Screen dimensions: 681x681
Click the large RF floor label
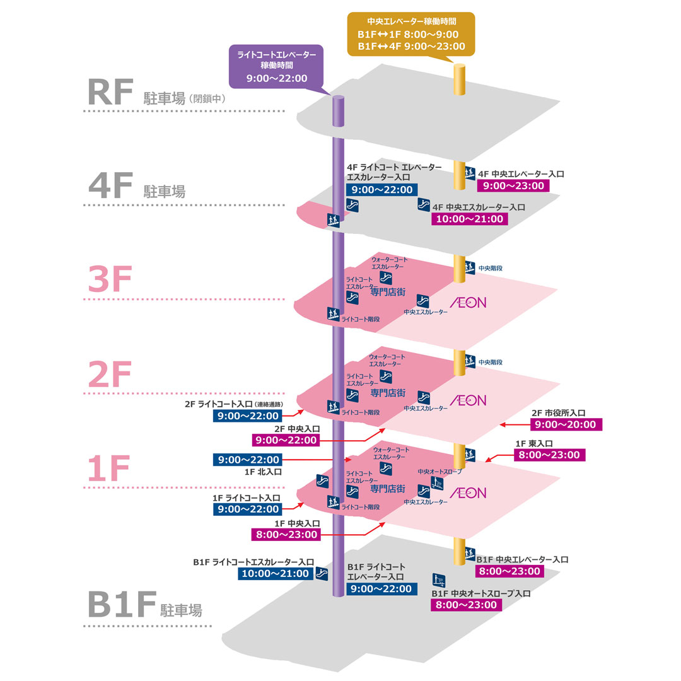(x=108, y=92)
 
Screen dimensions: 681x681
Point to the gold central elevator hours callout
(x=411, y=33)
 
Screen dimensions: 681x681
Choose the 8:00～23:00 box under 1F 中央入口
(x=285, y=535)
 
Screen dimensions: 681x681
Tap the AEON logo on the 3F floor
(x=467, y=303)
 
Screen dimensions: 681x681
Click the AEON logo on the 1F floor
(x=467, y=492)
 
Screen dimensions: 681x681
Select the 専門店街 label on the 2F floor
(x=388, y=393)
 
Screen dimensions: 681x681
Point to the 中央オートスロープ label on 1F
(x=439, y=472)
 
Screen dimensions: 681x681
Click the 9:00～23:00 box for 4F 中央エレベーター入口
(x=513, y=185)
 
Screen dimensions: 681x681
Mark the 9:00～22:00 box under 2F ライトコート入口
(x=248, y=416)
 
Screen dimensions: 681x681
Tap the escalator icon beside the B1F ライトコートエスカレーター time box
(x=322, y=573)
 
